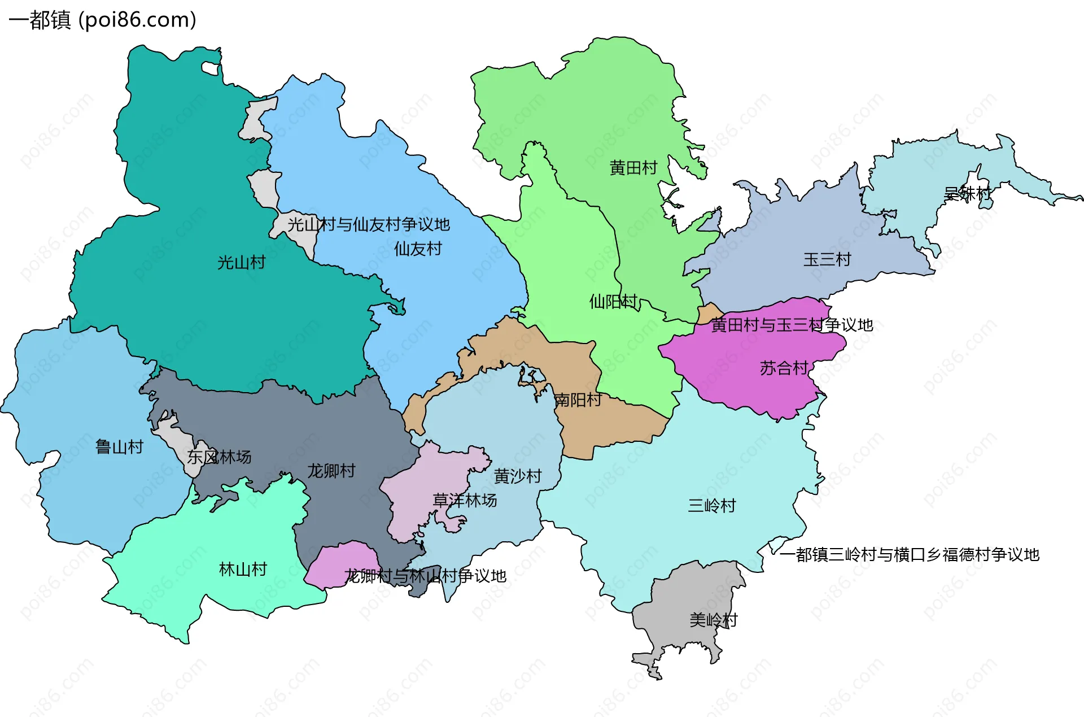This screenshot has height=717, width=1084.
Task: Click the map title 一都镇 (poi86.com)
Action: point(102,20)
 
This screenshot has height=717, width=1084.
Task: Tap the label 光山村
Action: point(241,263)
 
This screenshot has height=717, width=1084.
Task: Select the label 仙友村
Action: point(418,249)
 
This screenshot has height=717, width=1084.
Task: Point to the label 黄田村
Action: point(633,168)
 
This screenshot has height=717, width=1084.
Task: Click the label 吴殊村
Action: point(967,194)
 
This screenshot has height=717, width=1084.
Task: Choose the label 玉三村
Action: point(827,260)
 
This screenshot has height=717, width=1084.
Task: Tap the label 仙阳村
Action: point(613,302)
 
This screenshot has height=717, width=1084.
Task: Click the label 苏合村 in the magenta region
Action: point(784,368)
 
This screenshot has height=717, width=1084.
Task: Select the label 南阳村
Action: point(578,401)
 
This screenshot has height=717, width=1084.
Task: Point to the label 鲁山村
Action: point(119,447)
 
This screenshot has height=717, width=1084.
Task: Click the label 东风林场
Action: point(219,457)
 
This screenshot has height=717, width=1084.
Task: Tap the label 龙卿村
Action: point(331,471)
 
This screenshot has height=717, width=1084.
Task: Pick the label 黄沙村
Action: point(518,477)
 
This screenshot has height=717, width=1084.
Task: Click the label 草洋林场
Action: point(465,501)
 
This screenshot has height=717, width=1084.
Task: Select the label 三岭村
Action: point(712,506)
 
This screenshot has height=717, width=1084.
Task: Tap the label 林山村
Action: point(243,570)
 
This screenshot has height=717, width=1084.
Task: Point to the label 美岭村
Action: point(713,620)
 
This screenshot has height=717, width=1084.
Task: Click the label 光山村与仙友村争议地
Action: point(369,225)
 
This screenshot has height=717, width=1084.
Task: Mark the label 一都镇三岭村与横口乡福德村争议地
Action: point(909,555)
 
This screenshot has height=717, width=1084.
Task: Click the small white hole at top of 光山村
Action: point(211,69)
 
